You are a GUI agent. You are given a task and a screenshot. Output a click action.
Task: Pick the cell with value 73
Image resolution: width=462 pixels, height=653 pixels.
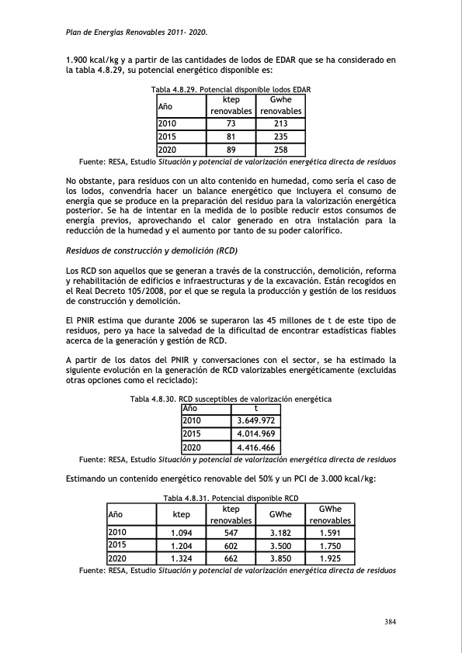(231, 123)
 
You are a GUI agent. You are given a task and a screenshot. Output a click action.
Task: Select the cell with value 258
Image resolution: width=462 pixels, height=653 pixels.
(281, 150)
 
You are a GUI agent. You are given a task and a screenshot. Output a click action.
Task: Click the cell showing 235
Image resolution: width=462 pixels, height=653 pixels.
(281, 136)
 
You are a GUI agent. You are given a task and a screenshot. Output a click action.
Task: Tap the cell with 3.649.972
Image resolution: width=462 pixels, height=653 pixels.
(256, 420)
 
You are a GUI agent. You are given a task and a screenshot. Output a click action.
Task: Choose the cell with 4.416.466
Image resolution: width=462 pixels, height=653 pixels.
(256, 447)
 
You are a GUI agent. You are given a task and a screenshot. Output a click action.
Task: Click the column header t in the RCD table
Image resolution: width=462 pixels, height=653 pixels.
(256, 408)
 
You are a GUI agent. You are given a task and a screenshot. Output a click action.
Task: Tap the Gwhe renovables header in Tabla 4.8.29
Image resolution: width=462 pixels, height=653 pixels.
(281, 105)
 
